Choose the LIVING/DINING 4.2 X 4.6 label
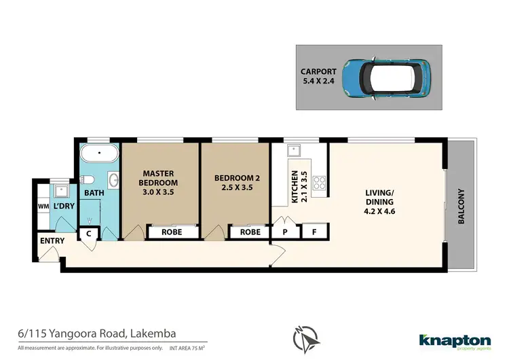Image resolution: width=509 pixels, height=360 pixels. pyautogui.click(x=385, y=204)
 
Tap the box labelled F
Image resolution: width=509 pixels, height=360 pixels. pyautogui.click(x=314, y=232)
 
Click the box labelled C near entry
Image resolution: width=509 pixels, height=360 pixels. pyautogui.click(x=89, y=234)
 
